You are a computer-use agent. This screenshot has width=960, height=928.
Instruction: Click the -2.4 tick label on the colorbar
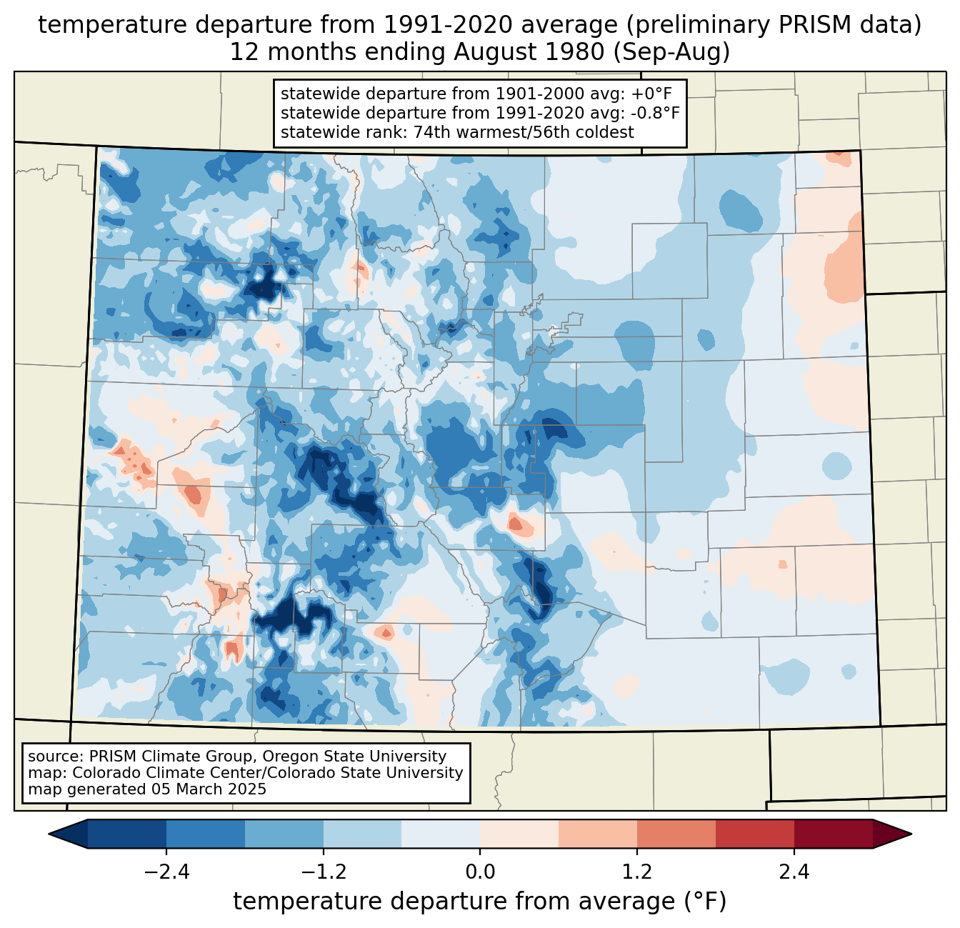coord(166,872)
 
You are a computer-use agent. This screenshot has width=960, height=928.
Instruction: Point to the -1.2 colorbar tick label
coord(324,872)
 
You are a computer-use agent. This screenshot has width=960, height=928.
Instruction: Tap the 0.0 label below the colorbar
coord(480,872)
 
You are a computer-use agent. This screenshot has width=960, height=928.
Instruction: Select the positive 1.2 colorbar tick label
coord(637,872)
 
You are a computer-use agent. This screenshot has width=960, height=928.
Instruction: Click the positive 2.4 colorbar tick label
coord(794,872)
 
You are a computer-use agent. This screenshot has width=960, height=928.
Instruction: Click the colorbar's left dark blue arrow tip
coord(49,834)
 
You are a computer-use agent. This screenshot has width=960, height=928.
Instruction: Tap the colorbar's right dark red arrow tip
coord(911,834)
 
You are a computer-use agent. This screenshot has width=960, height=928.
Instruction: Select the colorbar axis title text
coord(480,902)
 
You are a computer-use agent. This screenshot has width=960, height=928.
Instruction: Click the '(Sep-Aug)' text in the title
coord(671,52)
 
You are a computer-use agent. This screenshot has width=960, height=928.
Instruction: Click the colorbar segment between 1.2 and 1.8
coord(676,834)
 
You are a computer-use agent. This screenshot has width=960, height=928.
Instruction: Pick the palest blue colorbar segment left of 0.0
coord(441,834)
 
